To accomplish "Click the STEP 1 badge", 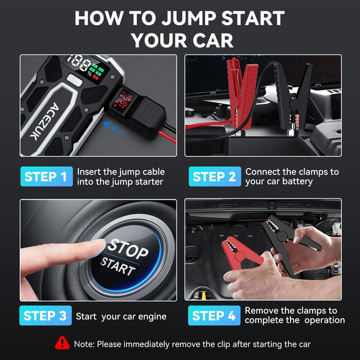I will point(46,176).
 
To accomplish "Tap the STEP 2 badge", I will point(214,176).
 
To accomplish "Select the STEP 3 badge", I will point(46,316).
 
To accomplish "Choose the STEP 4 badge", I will point(214,316).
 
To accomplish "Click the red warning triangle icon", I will point(62,343).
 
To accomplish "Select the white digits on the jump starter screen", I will point(79,62).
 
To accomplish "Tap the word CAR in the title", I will point(211,40).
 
